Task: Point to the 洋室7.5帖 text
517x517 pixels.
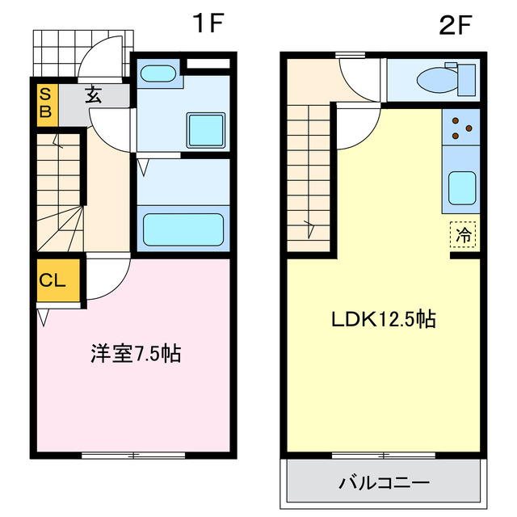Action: click(135, 353)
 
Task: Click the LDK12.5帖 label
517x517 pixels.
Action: click(384, 319)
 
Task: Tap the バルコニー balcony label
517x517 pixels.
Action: click(384, 483)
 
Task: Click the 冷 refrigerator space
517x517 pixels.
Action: click(464, 235)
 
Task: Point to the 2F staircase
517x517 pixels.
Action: click(309, 173)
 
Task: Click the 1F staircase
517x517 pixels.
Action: click(59, 194)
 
